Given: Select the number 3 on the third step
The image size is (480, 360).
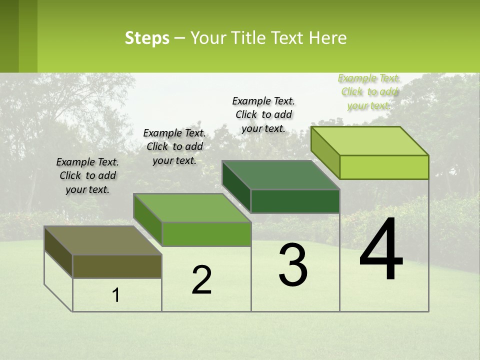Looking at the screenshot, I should pyautogui.click(x=293, y=264).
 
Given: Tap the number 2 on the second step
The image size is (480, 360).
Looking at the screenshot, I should pyautogui.click(x=201, y=280).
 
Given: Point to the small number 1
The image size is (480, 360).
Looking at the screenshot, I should pyautogui.click(x=116, y=295).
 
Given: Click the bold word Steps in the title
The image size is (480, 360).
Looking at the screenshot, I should pyautogui.click(x=147, y=38).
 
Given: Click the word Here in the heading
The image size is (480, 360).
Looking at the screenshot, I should pyautogui.click(x=328, y=38).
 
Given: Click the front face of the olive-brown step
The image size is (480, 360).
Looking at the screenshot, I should pyautogui.click(x=117, y=266).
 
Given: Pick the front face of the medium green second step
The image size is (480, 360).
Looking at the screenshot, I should pyautogui.click(x=206, y=234).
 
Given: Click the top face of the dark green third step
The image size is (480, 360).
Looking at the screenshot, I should pyautogui.click(x=280, y=175).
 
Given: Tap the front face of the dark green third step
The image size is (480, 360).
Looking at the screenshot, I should pyautogui.click(x=295, y=201).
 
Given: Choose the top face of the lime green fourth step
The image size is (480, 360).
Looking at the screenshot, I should pyautogui.click(x=369, y=141).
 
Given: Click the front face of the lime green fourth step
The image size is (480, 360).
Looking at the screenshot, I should pyautogui.click(x=384, y=167).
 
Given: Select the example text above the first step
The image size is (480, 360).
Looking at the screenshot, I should pyautogui.click(x=87, y=175).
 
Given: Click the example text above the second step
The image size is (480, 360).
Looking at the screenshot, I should pyautogui.click(x=174, y=146).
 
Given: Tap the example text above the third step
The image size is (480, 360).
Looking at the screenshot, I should pyautogui.click(x=263, y=114).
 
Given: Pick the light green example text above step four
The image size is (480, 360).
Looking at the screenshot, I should pyautogui.click(x=369, y=91).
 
